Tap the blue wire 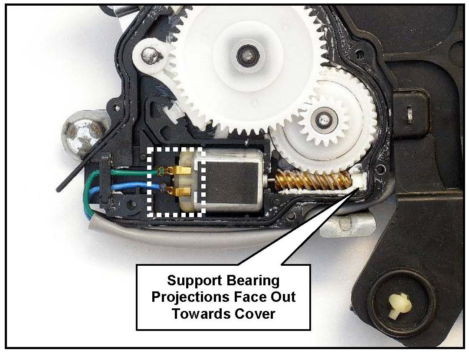tap(134, 188)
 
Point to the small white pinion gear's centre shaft tap(323, 117)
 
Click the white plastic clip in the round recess tap(399, 305)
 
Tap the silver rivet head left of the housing tap(80, 131)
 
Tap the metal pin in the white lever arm tap(151, 54)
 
